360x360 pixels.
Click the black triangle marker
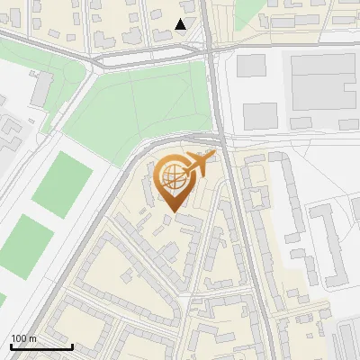tap(181, 24)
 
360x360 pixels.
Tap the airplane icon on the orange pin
tap(202, 163)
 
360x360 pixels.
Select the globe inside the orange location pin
tap(173, 176)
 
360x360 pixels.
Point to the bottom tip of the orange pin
tap(173, 211)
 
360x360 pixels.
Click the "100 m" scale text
tap(23, 338)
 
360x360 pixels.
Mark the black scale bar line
tap(41, 346)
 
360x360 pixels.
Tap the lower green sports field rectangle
tap(25, 243)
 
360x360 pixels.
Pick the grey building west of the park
tap(41, 88)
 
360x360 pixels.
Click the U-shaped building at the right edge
tap(328, 243)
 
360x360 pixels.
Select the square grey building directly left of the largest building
tap(251, 66)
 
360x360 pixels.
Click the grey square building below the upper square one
tap(260, 115)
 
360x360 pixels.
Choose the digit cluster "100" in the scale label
tap(19, 338)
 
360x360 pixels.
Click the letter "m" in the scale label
tap(32, 339)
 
